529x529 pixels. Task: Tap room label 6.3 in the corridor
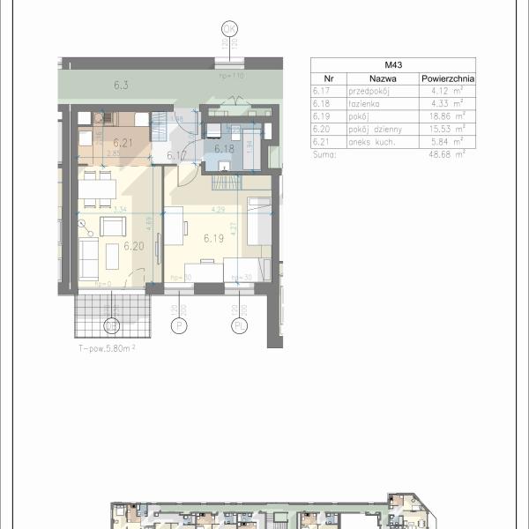[122, 86]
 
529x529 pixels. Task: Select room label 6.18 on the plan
[224, 149]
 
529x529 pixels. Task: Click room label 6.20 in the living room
[133, 246]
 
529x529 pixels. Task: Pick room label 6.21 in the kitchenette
[123, 141]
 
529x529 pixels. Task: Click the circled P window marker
[181, 327]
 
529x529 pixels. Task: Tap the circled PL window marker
[240, 327]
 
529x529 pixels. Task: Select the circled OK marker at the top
[229, 29]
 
